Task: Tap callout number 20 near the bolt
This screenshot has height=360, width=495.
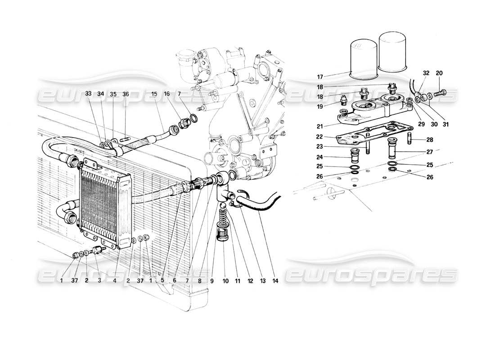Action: pos(440,73)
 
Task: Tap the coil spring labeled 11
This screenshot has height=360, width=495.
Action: pos(222,220)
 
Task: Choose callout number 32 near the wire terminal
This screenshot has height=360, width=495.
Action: pos(426,73)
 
